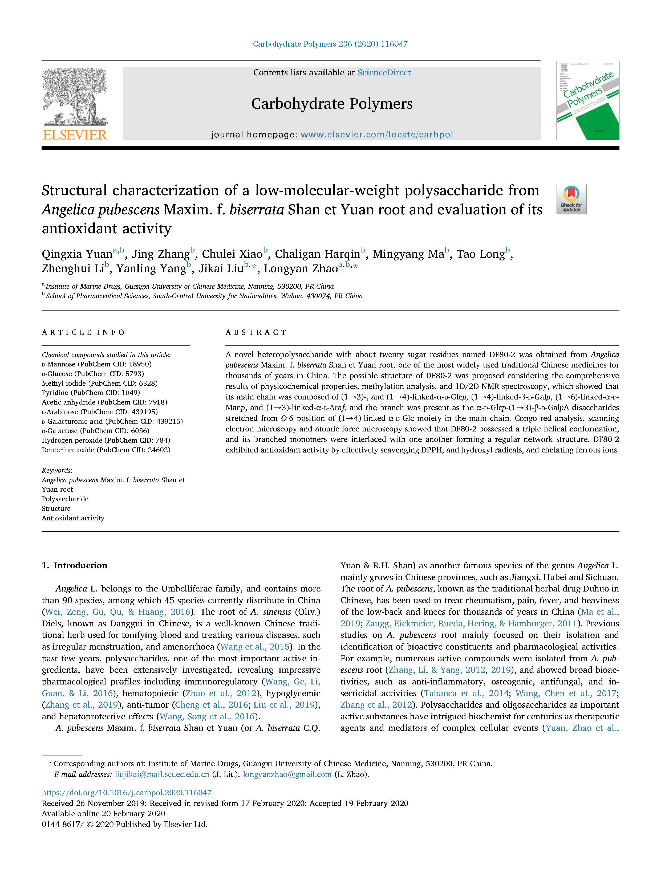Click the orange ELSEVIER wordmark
pyautogui.click(x=75, y=135)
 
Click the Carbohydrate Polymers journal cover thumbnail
pyautogui.click(x=588, y=100)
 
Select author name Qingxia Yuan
pyautogui.click(x=77, y=254)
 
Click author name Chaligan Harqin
pyautogui.click(x=317, y=254)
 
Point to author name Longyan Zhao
pyautogui.click(x=301, y=269)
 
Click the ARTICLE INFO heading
pyautogui.click(x=83, y=332)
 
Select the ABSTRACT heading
pyautogui.click(x=256, y=332)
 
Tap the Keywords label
pyautogui.click(x=57, y=470)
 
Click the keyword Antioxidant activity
pyautogui.click(x=73, y=518)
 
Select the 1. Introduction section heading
pyautogui.click(x=75, y=566)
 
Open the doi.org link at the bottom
pyautogui.click(x=127, y=793)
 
